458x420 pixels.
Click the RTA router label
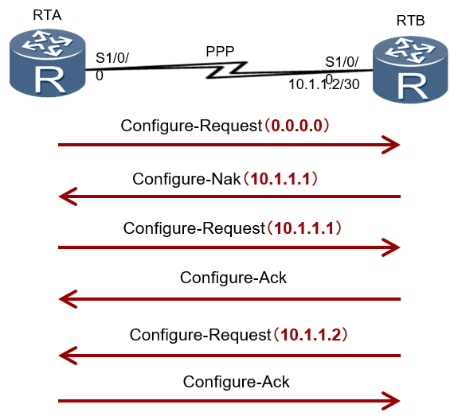click(x=47, y=15)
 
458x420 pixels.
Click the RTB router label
click(x=410, y=21)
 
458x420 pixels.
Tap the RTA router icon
click(x=47, y=62)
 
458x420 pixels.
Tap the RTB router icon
click(x=410, y=69)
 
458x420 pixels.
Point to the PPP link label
click(x=220, y=52)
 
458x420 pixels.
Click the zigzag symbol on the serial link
click(x=226, y=70)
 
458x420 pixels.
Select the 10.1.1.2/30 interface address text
click(x=324, y=84)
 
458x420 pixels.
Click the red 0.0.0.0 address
click(x=296, y=126)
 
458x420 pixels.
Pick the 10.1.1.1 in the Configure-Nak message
click(x=280, y=179)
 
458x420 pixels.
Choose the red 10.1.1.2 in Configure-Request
click(x=311, y=335)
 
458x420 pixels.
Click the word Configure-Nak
click(x=186, y=179)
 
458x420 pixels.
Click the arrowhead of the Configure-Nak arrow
click(x=68, y=196)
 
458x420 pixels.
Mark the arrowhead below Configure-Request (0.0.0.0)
click(x=391, y=145)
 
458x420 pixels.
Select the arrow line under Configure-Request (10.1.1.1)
click(x=229, y=247)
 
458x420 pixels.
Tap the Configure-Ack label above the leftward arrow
click(x=233, y=278)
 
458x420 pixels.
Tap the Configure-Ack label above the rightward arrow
click(x=236, y=382)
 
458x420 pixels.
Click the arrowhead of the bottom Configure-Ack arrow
click(x=391, y=401)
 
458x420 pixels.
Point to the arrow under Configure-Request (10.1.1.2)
click(x=229, y=356)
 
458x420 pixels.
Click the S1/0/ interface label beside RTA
click(x=112, y=58)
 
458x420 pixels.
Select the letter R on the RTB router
click(x=413, y=86)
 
